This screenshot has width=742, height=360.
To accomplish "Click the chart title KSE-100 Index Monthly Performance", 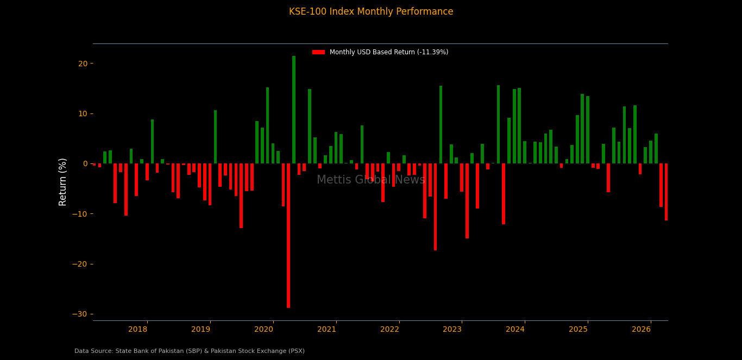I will click(371, 12).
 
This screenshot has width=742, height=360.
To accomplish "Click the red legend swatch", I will click(318, 52).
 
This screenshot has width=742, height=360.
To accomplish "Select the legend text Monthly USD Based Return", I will click(389, 52).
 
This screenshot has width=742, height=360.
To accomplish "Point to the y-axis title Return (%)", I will click(63, 182).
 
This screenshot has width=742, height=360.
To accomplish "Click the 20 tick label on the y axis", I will click(83, 64).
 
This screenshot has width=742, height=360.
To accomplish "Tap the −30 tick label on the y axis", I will click(80, 314).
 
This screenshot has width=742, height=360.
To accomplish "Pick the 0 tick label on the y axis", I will click(85, 163).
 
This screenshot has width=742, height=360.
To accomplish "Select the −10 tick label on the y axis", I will click(80, 214).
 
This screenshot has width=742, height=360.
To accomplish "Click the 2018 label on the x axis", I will click(137, 330).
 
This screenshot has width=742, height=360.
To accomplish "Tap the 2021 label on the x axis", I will click(326, 330).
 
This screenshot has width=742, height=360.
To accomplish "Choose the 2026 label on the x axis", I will click(642, 330).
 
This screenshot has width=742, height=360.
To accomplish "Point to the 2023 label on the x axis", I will click(452, 330).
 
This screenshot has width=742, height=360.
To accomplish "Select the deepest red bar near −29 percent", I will click(288, 236).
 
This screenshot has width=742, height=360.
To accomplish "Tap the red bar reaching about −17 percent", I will click(435, 207).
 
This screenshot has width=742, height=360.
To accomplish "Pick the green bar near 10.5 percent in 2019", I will click(215, 137).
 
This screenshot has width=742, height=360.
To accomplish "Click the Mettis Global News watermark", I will click(371, 180).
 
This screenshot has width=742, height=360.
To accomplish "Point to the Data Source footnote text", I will click(190, 351).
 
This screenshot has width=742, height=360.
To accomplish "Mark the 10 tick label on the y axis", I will click(83, 113).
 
